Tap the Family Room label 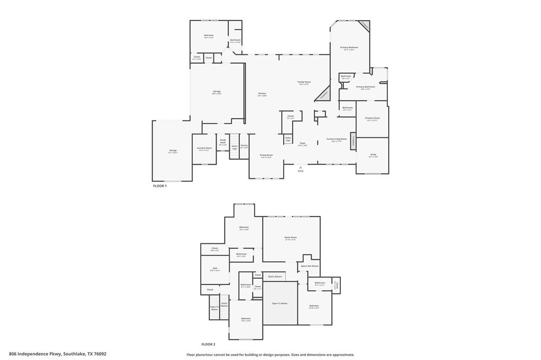coord(304,82)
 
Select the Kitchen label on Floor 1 coord(262,93)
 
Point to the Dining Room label coord(266,155)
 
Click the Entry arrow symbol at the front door coord(301,167)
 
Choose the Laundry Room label coord(205,148)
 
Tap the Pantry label coord(244,145)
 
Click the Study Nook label coord(223,141)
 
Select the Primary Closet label coord(372,118)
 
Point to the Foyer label coord(302,143)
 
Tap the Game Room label coord(291,238)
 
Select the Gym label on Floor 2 coord(215,268)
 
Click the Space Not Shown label coord(310,266)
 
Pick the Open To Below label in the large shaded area coord(279,304)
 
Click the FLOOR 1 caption coord(160,186)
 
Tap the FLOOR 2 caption coord(208,344)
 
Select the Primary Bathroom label coord(366,87)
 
